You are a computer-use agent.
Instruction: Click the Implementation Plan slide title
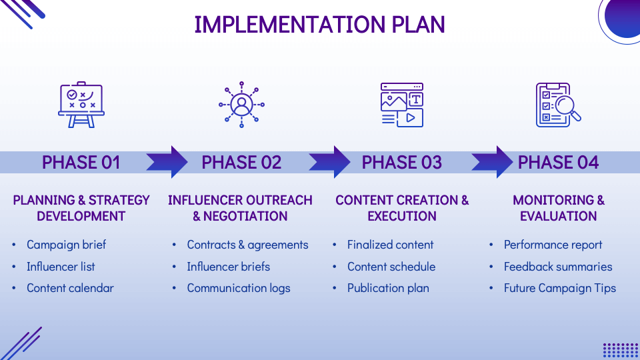[319, 24]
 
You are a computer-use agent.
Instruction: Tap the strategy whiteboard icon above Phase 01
[81, 105]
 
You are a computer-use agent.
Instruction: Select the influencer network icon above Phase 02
[241, 105]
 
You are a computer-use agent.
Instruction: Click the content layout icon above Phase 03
[402, 105]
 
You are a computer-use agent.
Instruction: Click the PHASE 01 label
[81, 162]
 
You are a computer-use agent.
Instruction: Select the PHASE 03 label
[401, 162]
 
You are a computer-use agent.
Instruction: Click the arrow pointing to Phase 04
[493, 162]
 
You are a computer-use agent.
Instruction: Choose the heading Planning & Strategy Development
[81, 208]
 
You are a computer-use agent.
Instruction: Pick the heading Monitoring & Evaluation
[558, 208]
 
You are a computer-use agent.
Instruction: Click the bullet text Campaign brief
[66, 245]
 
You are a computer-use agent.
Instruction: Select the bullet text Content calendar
[70, 288]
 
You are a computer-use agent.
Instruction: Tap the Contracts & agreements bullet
[247, 245]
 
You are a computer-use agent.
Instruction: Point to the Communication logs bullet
[238, 288]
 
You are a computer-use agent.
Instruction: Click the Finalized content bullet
[390, 245]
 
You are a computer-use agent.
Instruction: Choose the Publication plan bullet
[388, 288]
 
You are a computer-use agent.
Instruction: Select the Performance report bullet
[553, 245]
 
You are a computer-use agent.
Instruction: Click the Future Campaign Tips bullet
[559, 288]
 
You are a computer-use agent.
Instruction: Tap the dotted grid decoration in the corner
[620, 350]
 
